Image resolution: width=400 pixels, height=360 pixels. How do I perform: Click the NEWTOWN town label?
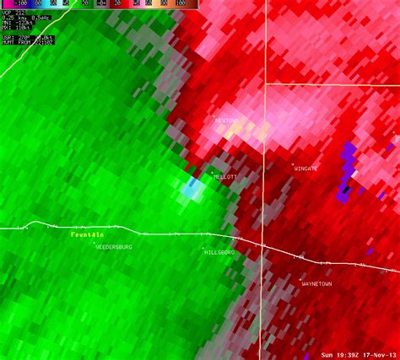click(228, 121)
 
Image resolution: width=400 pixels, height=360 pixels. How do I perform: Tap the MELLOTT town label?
click(225, 177)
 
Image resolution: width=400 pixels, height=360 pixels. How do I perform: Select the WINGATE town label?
click(305, 169)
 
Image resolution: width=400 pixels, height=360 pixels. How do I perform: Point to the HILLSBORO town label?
click(219, 251)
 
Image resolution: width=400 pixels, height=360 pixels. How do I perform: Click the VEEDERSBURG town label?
click(114, 246)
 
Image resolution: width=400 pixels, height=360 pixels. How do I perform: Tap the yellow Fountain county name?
click(87, 234)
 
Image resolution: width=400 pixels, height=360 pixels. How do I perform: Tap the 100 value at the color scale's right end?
click(181, 3)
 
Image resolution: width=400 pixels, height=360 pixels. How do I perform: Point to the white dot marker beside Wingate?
click(293, 164)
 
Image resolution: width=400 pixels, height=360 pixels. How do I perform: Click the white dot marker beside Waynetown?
click(301, 279)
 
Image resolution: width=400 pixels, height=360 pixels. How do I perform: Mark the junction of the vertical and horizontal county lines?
click(266, 83)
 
